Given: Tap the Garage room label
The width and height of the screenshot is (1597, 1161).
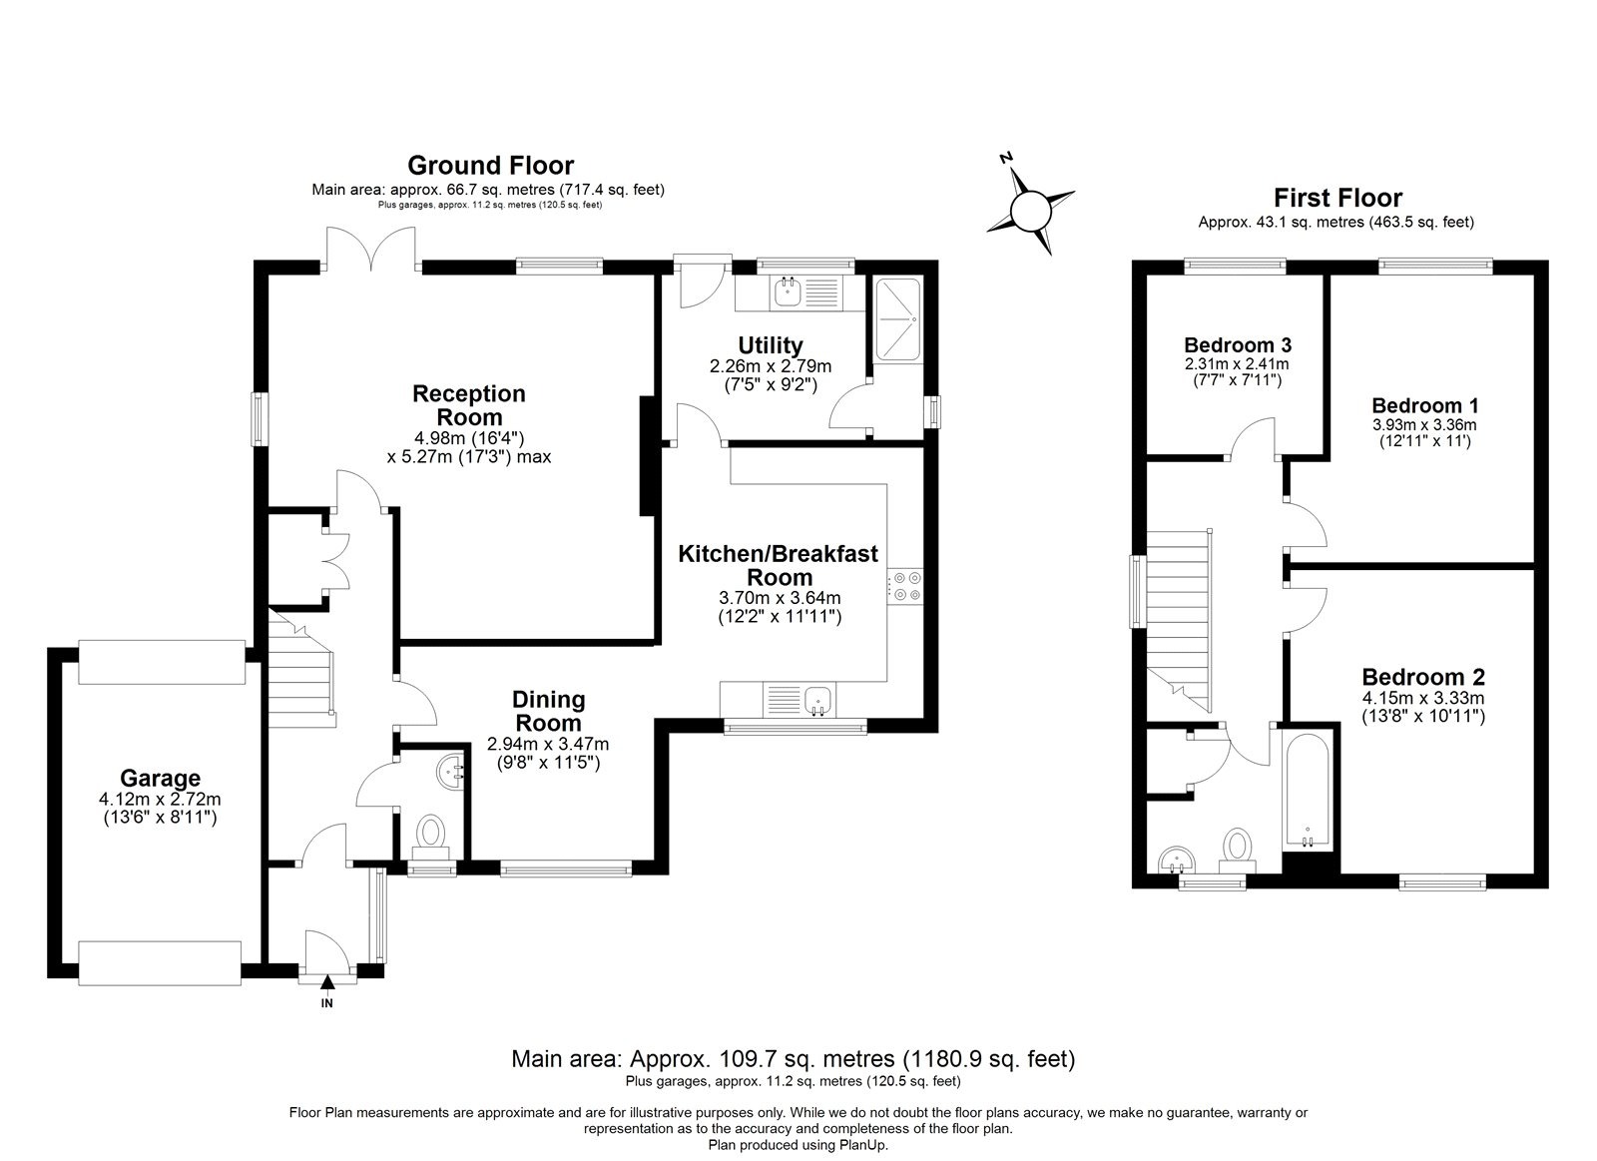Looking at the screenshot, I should [x=160, y=778].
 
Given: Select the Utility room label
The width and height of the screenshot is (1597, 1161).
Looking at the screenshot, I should [x=770, y=345].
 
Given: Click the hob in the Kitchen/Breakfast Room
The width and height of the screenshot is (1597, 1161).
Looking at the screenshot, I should [x=905, y=586].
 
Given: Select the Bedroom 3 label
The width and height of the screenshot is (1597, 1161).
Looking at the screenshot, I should [x=1238, y=345].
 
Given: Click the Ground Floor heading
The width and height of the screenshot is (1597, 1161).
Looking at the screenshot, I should [x=490, y=165].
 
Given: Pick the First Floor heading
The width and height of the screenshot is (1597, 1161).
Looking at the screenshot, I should [x=1337, y=198].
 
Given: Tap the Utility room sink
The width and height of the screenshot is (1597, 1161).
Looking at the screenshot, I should [x=789, y=292].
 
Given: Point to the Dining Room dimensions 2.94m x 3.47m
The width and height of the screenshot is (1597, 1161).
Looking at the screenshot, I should [x=548, y=744].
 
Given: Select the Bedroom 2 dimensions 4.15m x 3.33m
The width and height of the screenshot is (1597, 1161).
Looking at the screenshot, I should [x=1423, y=698].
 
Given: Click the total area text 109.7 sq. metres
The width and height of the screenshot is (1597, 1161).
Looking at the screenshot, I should [x=793, y=1058].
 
